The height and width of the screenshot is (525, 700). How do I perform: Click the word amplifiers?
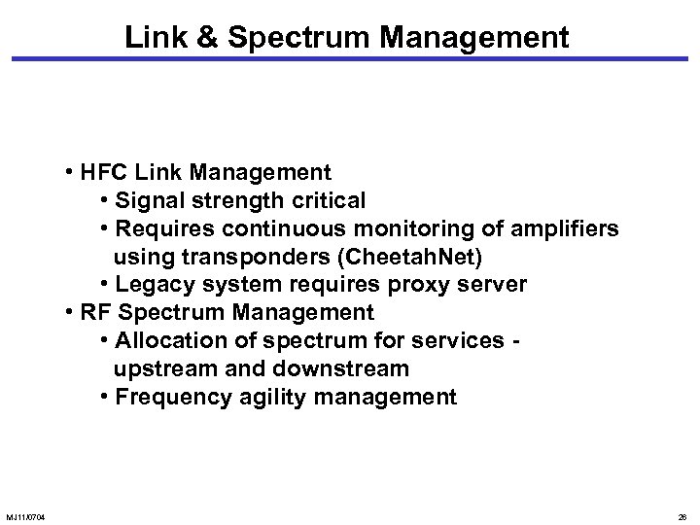point(563,228)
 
